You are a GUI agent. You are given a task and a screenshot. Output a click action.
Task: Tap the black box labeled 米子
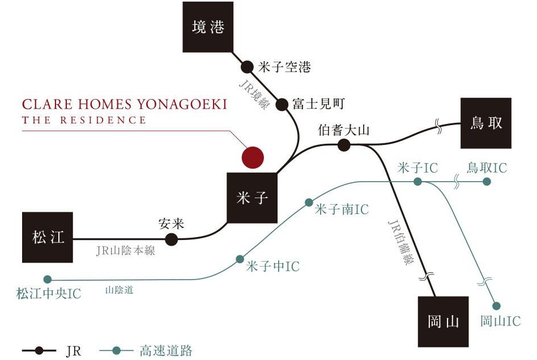(x=252, y=198)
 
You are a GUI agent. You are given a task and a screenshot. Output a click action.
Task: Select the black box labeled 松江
(x=48, y=237)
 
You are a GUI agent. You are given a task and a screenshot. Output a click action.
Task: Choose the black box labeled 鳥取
(x=486, y=123)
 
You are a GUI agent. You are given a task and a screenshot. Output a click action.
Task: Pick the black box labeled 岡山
(x=444, y=322)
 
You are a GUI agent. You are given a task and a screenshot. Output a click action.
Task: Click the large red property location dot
(x=252, y=157)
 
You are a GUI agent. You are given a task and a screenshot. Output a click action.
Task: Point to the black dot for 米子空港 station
(x=247, y=67)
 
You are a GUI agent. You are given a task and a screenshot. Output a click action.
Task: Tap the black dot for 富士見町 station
(x=282, y=104)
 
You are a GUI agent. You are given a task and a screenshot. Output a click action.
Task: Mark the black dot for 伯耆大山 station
(x=343, y=145)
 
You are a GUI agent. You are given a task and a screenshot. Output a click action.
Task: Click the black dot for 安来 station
(x=171, y=239)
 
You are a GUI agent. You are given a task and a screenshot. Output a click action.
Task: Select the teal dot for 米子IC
(x=417, y=182)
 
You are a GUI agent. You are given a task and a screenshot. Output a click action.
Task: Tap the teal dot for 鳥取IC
(x=486, y=182)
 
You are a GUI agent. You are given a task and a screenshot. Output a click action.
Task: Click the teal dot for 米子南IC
(x=309, y=202)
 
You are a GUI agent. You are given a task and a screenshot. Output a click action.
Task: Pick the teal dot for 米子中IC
(x=240, y=259)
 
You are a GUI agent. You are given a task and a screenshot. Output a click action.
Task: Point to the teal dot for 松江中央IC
(x=48, y=279)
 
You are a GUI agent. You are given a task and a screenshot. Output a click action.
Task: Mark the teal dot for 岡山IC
(x=497, y=306)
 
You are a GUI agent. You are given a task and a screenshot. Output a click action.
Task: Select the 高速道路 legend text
(x=165, y=351)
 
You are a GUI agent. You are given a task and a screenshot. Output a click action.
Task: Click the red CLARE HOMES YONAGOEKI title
(x=124, y=105)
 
